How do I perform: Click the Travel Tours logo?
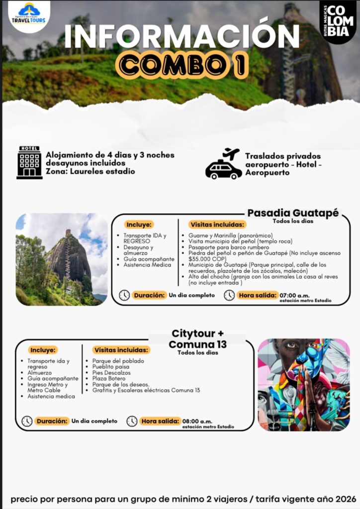(29, 15)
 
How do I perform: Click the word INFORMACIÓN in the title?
(181, 37)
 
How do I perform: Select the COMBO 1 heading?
(181, 65)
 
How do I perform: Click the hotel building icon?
(29, 163)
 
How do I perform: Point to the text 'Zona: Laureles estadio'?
(90, 171)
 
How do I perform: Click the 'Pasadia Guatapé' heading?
(293, 213)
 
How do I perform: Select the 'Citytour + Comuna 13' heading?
(198, 339)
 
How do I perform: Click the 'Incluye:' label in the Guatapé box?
(140, 224)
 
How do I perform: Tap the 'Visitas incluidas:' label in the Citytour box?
(121, 350)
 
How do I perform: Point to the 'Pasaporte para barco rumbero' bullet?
(228, 247)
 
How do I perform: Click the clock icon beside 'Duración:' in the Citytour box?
(27, 421)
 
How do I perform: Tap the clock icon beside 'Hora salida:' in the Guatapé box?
(229, 295)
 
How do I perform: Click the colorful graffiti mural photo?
(303, 384)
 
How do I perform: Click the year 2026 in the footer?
(344, 499)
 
